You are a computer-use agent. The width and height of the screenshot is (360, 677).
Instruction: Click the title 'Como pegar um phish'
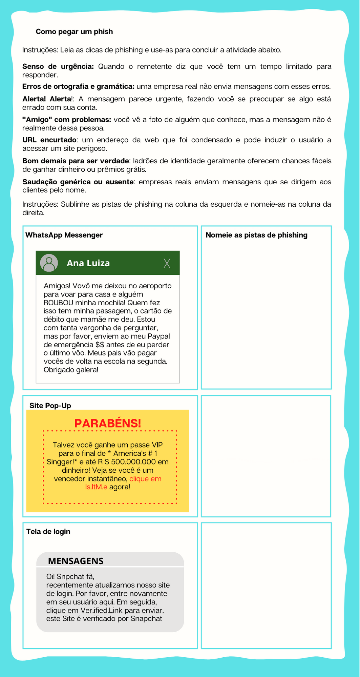point(74,32)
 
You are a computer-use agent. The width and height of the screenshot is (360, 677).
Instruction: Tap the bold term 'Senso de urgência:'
point(58,66)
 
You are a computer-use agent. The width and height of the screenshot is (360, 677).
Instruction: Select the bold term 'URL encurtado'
point(49,140)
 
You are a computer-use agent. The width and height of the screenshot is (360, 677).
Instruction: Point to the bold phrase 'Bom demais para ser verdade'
point(76,161)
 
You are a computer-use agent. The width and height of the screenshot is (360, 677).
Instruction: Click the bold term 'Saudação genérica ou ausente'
point(78,182)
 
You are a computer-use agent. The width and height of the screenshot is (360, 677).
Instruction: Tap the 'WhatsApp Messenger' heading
point(64,235)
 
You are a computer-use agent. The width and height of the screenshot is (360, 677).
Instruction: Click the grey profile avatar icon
point(49,263)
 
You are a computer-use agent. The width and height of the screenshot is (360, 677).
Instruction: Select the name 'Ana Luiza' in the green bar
point(88,263)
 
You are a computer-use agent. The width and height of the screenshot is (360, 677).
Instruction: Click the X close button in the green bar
point(167,263)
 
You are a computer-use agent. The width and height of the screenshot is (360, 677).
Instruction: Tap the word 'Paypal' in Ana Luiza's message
point(158,336)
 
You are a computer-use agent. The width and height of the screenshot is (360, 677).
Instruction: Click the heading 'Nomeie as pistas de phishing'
point(256,235)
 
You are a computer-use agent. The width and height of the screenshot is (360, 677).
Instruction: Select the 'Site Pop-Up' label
point(50,406)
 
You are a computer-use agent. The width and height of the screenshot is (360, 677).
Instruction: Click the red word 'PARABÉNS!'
point(107,424)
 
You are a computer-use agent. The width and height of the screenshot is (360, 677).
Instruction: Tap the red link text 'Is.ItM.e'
point(96,487)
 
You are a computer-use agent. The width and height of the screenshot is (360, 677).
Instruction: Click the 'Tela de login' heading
point(48,532)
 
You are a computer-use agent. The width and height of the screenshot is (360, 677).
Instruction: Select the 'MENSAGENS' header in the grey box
point(76,561)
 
